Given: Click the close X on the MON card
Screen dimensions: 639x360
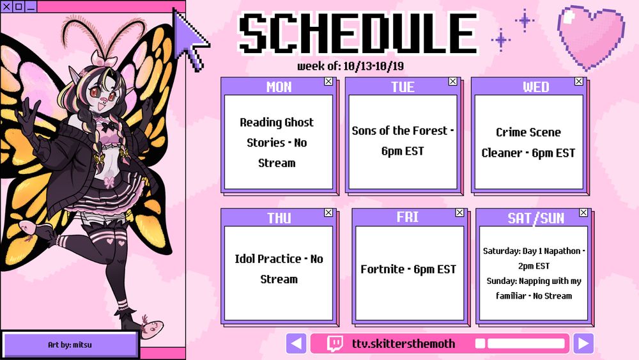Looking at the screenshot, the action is point(328,82).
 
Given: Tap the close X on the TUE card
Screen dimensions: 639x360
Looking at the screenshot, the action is point(453,82).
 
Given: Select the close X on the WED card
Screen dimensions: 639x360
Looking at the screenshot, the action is point(579,82).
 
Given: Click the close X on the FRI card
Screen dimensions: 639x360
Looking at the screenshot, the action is point(459,212).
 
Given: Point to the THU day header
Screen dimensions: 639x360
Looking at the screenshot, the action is point(279,218).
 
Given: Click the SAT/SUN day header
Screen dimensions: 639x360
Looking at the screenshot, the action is point(536,218).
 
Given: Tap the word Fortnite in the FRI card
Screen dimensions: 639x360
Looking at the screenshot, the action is point(382,269).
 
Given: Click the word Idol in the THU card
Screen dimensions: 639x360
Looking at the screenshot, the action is point(245,259).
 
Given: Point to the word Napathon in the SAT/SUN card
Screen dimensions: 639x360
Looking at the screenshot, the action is point(562,251).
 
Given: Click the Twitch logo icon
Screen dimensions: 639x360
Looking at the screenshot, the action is point(335,343).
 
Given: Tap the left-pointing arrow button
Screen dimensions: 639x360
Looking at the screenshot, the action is point(296,343).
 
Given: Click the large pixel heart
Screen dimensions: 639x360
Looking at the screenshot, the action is point(590,36).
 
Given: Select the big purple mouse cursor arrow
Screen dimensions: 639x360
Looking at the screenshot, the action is point(190,39).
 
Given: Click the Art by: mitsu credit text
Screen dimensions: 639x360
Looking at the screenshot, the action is point(70,345).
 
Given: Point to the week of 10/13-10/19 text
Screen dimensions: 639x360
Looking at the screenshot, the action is point(350,66).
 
